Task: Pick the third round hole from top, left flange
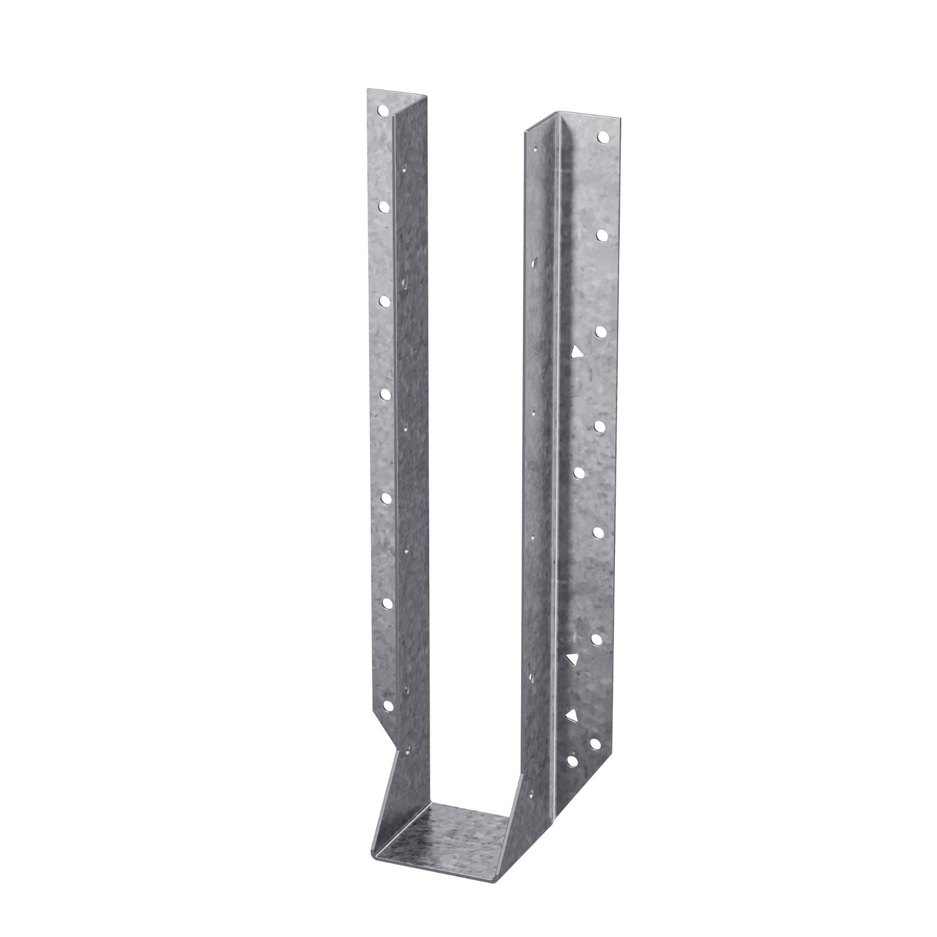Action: (x=384, y=300)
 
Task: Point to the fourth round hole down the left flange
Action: (x=385, y=394)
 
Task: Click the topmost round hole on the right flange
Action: (x=602, y=139)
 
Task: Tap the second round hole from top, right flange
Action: (x=601, y=234)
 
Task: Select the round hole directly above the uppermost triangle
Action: (x=601, y=331)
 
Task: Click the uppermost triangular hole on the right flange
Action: (x=577, y=353)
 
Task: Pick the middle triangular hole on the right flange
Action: (x=572, y=660)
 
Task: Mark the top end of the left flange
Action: (x=381, y=94)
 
